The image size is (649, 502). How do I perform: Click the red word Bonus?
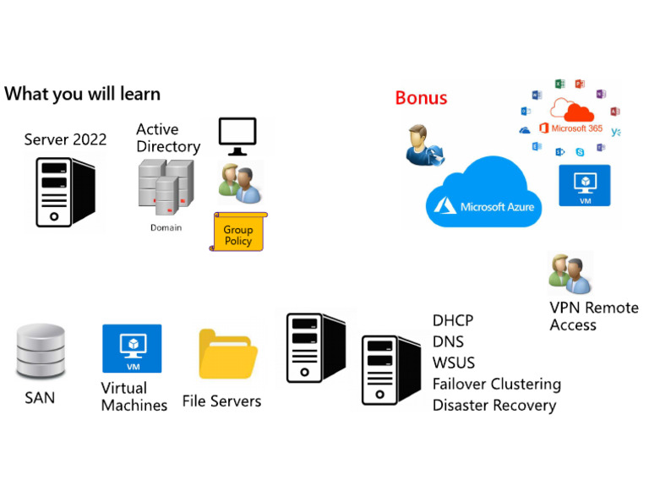(x=421, y=97)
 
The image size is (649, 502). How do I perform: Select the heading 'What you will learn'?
(x=82, y=93)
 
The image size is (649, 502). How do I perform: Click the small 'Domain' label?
(x=166, y=227)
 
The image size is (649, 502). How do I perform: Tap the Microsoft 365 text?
(x=576, y=129)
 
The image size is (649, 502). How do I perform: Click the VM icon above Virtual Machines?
(x=132, y=347)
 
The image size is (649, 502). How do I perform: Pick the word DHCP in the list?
(x=453, y=321)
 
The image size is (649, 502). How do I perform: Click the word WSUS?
(x=454, y=363)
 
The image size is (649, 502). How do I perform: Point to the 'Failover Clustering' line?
(x=496, y=385)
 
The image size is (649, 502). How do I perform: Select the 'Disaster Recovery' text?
(x=494, y=406)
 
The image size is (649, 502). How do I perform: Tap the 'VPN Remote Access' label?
(x=593, y=316)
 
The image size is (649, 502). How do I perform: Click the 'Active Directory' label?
(x=168, y=138)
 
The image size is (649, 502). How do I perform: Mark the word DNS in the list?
(x=448, y=342)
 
